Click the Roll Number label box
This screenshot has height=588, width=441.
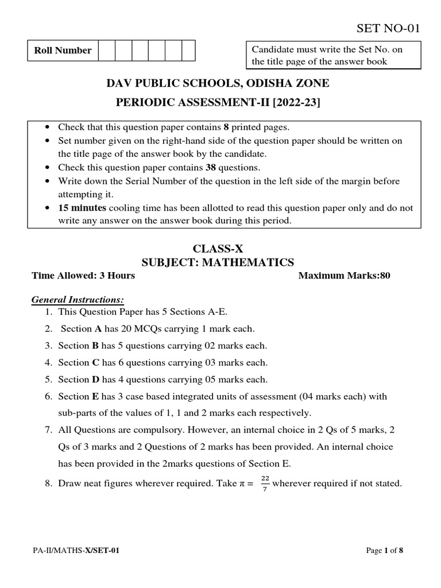coord(63,51)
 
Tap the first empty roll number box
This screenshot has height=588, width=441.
coord(107,51)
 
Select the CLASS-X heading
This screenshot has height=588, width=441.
coord(218,249)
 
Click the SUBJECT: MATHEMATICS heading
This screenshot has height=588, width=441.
coord(218,262)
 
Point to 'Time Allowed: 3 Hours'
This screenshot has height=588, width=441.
coord(83,276)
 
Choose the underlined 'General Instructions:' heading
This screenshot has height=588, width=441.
coord(78,300)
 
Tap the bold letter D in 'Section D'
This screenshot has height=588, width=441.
coord(95,380)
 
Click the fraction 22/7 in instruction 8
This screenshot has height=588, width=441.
coord(264,484)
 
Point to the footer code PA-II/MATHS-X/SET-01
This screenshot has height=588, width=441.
coord(76,551)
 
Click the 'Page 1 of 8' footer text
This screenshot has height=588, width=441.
coord(385,551)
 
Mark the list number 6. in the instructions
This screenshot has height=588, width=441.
coord(48,396)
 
